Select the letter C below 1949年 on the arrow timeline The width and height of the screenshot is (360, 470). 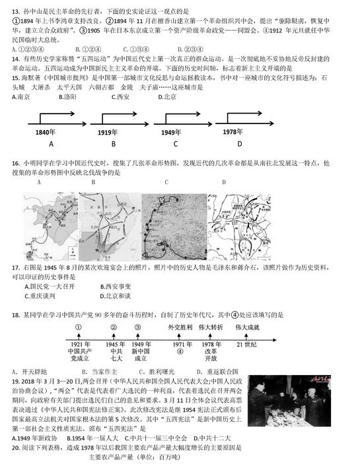[x=176, y=144]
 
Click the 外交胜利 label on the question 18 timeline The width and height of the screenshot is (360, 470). [x=180, y=328]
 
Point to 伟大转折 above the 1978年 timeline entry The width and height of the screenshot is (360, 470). [x=211, y=328]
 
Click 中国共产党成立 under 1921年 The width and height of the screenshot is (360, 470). [x=79, y=355]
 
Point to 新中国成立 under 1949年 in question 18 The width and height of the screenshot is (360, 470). [x=140, y=355]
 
